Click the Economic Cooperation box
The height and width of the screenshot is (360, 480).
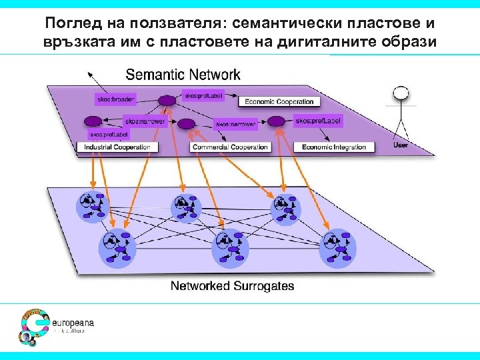[x=279, y=102]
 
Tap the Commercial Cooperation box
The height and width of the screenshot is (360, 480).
[x=230, y=147]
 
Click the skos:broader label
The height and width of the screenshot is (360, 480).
[x=115, y=100]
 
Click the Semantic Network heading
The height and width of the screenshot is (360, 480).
[x=183, y=74]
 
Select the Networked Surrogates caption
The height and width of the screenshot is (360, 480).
[x=232, y=287]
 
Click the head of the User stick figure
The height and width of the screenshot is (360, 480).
[x=399, y=94]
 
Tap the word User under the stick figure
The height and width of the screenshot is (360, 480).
[x=400, y=144]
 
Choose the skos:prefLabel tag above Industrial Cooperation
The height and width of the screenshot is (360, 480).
[x=96, y=135]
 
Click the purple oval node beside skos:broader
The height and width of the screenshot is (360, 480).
[x=166, y=101]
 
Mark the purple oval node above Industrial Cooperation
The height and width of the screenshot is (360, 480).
[x=93, y=122]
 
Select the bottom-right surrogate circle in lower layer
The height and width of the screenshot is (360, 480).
[x=337, y=247]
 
